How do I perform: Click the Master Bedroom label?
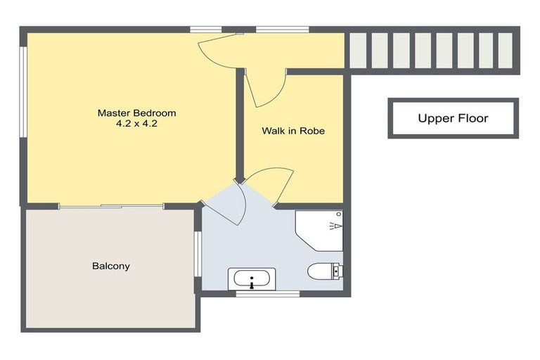pos(136,113)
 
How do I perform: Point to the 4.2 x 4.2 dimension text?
pos(136,124)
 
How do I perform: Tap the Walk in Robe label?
pos(293,131)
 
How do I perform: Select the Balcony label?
pos(111,266)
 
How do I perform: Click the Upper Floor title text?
pos(453,118)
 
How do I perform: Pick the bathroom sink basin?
pos(252,278)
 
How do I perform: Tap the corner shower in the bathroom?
pos(319,231)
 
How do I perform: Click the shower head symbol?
pos(336,226)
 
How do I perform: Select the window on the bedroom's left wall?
pos(23,92)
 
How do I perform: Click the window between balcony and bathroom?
pos(198,254)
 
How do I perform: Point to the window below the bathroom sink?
pos(268,294)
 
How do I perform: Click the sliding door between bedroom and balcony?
pos(111,206)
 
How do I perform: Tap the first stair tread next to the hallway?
pos(358,51)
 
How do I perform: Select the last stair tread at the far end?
pos(506,51)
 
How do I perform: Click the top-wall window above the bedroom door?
pos(206,30)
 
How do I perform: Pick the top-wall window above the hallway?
pos(283,30)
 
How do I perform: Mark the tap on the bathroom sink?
pos(252,285)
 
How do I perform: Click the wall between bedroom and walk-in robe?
pos(240,125)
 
